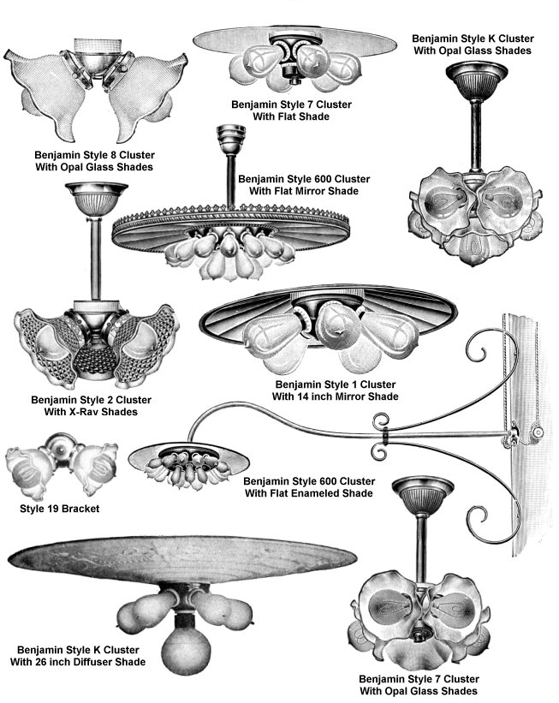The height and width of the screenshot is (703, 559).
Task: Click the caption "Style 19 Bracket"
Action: [59, 509]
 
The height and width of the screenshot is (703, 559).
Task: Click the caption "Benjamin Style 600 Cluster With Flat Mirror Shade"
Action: [304, 185]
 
